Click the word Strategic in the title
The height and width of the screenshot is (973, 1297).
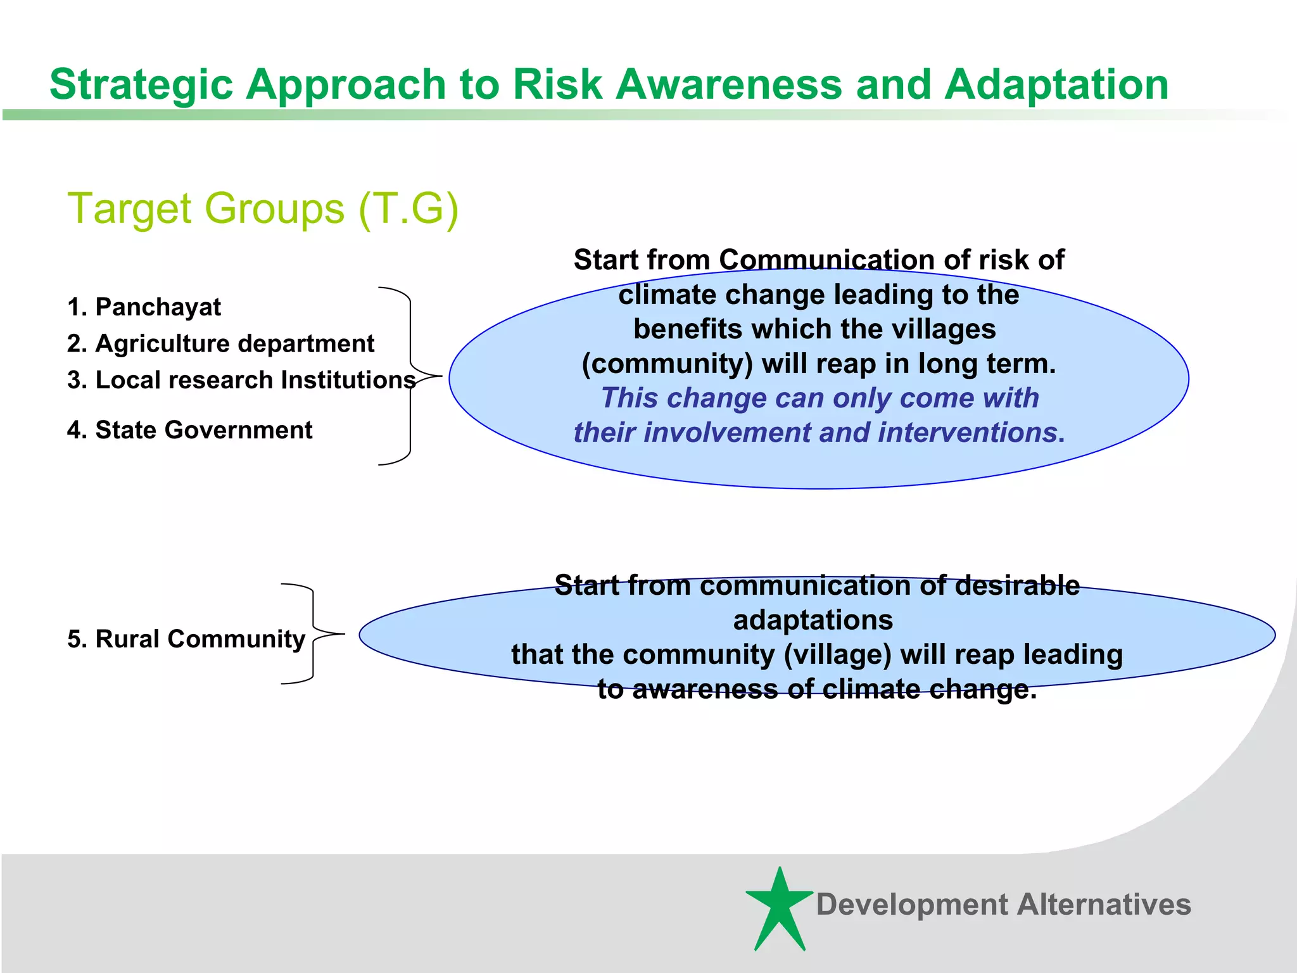[x=141, y=84]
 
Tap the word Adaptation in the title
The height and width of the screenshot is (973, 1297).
[x=1056, y=84]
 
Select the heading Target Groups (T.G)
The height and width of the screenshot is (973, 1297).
[x=262, y=208]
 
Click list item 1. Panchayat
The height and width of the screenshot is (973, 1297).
[x=144, y=307]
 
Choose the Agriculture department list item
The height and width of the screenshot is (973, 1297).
[x=220, y=344]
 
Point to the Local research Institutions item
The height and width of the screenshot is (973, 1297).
[x=241, y=380]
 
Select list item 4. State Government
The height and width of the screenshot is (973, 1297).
[x=189, y=430]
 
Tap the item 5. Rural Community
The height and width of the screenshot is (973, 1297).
[x=186, y=639]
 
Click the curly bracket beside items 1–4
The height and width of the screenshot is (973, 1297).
[x=411, y=376]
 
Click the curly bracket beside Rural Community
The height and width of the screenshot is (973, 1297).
[x=313, y=633]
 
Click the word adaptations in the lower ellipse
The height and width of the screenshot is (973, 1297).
[x=813, y=620]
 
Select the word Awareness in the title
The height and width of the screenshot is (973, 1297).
[x=728, y=84]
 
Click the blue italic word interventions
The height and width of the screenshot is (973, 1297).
[x=966, y=433]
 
